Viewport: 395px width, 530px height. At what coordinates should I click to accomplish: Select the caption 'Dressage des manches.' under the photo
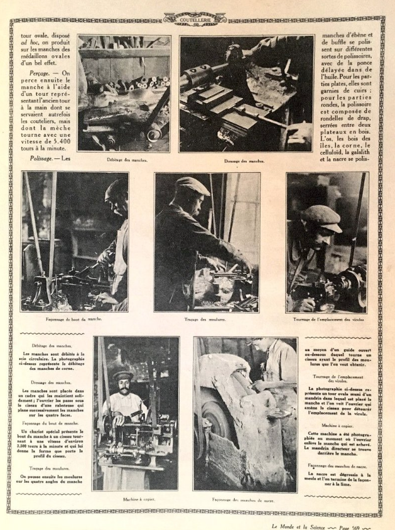[x=247, y=161]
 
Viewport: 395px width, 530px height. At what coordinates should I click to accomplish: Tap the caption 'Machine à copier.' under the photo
[x=135, y=500]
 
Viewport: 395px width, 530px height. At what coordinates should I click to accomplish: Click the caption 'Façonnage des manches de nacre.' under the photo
[x=245, y=500]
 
